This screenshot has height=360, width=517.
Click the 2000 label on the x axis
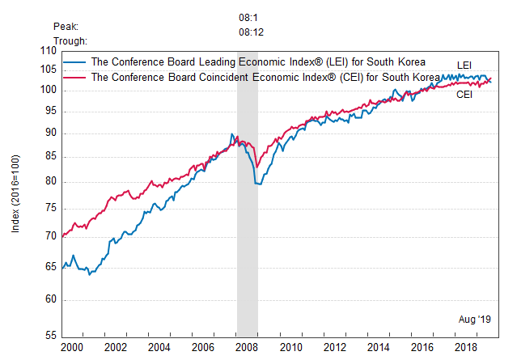72,347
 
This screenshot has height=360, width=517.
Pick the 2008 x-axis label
247,347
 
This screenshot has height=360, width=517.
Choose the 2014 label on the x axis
378,347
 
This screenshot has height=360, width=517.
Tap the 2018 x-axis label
465,347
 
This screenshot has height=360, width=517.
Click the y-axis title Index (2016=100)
15,194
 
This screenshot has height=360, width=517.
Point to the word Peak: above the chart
66,27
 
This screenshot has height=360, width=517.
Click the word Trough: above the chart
70,40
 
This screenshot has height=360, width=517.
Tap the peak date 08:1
248,17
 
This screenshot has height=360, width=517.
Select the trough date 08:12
251,32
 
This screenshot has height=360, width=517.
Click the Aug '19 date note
476,320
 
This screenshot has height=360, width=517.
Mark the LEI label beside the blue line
465,65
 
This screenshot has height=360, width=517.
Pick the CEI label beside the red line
464,95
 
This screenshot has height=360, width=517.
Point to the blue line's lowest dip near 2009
259,184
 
